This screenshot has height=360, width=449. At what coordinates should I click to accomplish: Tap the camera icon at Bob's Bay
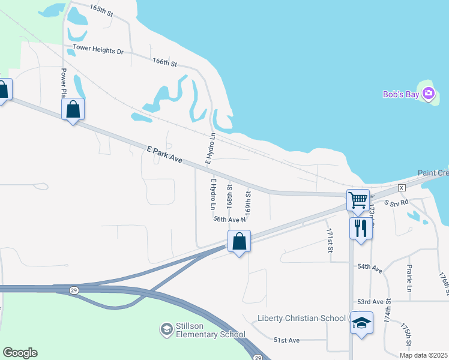coord(428,93)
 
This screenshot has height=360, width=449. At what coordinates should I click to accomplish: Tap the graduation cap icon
coord(361,323)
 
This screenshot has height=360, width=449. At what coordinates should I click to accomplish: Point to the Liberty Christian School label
coord(301,317)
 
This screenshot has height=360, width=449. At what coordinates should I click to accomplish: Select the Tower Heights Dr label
coord(98,50)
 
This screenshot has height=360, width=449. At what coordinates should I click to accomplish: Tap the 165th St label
coord(101,9)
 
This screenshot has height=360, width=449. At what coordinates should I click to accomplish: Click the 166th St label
coord(165,62)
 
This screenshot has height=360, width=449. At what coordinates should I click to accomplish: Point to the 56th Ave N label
coord(230,220)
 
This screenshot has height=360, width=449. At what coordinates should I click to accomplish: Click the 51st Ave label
coord(286,340)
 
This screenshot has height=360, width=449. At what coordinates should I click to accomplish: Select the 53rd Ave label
coord(370,301)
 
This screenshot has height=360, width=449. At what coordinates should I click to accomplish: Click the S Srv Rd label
coord(396,204)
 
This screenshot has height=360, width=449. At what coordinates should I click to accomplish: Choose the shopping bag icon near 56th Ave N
coord(239,241)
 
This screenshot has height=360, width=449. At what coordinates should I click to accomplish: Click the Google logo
coord(20,353)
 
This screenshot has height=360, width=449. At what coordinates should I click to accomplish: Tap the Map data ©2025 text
coord(423,355)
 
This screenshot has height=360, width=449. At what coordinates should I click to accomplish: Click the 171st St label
coord(330,240)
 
